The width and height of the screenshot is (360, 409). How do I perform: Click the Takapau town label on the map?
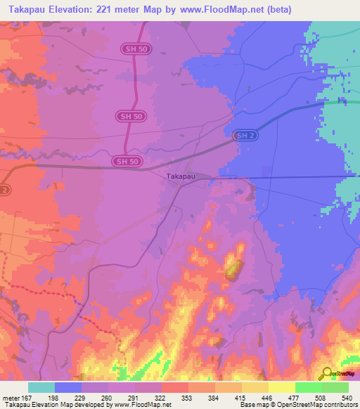pyautogui.click(x=181, y=178)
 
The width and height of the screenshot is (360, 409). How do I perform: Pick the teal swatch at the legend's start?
pyautogui.click(x=41, y=387)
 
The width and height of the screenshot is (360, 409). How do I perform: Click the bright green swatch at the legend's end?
pyautogui.click(x=335, y=387)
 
